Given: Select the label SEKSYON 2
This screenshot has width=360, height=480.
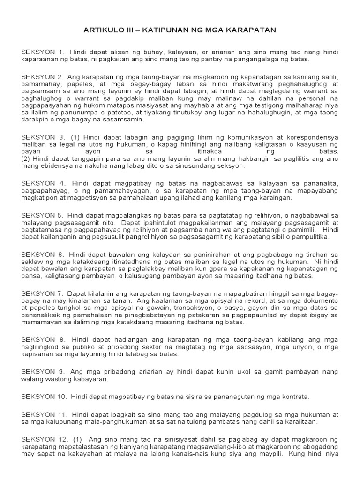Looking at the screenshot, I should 42,76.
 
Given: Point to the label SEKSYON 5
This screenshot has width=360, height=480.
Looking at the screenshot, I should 42,215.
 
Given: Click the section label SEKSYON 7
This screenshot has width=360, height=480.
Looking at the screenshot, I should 42,293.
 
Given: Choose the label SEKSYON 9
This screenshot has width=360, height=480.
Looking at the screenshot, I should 42,372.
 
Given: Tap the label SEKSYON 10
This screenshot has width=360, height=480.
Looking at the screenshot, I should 44,397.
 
